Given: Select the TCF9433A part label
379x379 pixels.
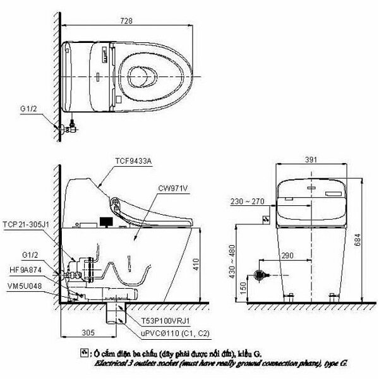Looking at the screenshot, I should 132,162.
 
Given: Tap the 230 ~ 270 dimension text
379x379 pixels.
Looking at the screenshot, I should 248,202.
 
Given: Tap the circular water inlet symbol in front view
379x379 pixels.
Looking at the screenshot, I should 257,276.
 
